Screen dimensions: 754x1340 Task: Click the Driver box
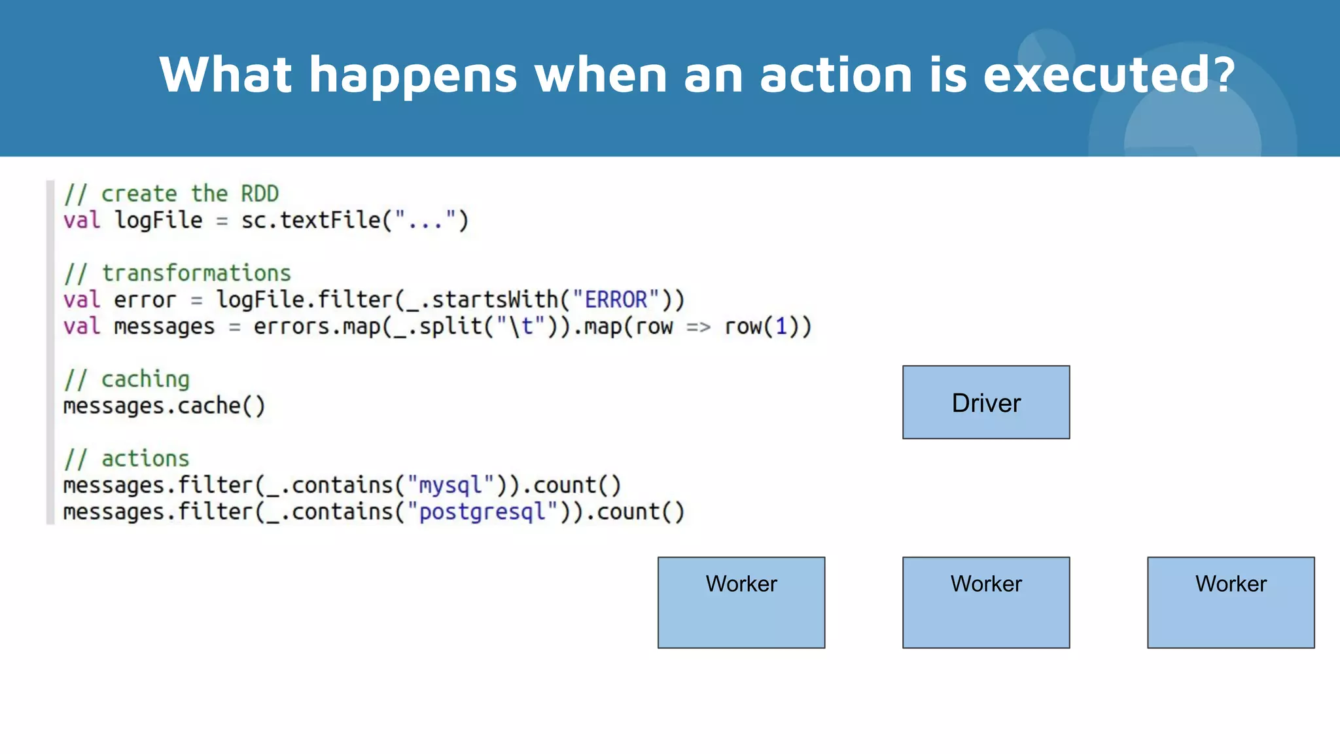986,403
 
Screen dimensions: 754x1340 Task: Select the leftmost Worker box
741,602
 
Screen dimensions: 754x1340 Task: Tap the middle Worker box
986,602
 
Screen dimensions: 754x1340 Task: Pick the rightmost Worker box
1231,602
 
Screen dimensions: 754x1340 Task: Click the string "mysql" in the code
450,485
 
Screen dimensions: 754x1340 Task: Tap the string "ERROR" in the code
616,300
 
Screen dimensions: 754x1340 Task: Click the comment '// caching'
127,379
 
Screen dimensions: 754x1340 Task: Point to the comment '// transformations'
177,273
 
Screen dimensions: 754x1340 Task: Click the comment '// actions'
127,459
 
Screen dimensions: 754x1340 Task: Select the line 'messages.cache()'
164,406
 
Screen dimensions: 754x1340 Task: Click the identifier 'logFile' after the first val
158,221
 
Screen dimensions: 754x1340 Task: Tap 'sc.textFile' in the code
311,221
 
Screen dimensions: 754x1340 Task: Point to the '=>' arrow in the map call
698,327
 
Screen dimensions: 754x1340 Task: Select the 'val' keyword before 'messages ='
82,327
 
